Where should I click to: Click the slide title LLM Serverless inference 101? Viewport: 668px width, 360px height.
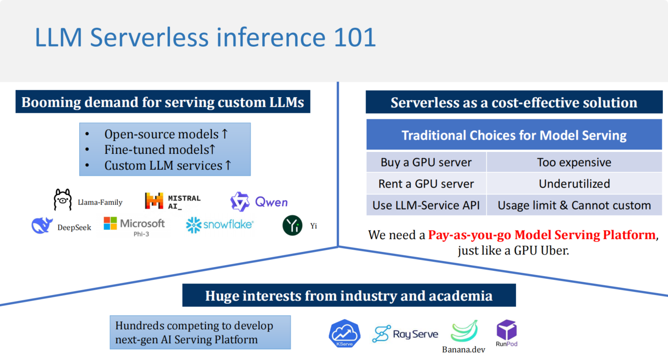(x=205, y=38)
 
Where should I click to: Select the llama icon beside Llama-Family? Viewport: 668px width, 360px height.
(x=62, y=200)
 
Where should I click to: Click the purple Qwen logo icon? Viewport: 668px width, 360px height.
(x=240, y=201)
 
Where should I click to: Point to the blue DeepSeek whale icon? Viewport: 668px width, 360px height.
(x=42, y=226)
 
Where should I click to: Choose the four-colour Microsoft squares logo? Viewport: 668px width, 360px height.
(x=110, y=224)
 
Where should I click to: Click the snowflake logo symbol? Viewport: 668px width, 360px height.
(x=193, y=225)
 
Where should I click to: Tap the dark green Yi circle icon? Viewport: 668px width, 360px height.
(x=292, y=226)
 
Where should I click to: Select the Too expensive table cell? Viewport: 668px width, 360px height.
(x=574, y=162)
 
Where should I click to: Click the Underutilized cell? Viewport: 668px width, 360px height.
(x=574, y=184)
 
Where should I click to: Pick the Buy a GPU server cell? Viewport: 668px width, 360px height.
(x=426, y=162)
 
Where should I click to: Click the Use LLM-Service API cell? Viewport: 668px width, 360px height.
(x=426, y=205)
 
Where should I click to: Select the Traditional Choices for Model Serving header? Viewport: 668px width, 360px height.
(x=514, y=135)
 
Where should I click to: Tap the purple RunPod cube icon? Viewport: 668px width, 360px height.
(x=507, y=329)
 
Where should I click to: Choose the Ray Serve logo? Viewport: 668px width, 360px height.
(x=405, y=334)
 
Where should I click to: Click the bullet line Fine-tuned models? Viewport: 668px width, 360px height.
(x=159, y=150)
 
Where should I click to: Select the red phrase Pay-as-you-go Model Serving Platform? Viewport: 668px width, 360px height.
(x=542, y=234)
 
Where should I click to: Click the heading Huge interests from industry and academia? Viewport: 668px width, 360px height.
(x=349, y=296)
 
